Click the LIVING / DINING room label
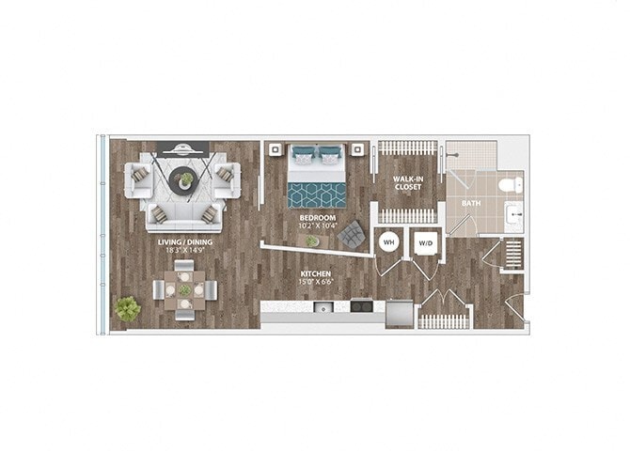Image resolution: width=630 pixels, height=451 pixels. point(184,241)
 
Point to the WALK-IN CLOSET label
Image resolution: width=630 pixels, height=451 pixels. point(407,182)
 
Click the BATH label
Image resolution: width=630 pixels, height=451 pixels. point(470,202)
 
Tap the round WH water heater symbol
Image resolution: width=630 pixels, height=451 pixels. point(388,241)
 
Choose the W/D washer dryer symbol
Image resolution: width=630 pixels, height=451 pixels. point(425,241)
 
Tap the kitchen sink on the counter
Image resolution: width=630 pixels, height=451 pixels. point(323,306)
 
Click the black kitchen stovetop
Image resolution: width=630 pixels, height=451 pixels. point(362,306)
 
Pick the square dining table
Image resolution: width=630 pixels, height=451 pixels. point(184,291)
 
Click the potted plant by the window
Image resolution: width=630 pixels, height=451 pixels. point(126,307)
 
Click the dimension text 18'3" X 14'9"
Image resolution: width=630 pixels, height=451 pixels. point(184,250)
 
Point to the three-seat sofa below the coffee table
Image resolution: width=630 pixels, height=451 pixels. point(184,219)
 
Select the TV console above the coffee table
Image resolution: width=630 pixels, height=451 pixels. point(185,148)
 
